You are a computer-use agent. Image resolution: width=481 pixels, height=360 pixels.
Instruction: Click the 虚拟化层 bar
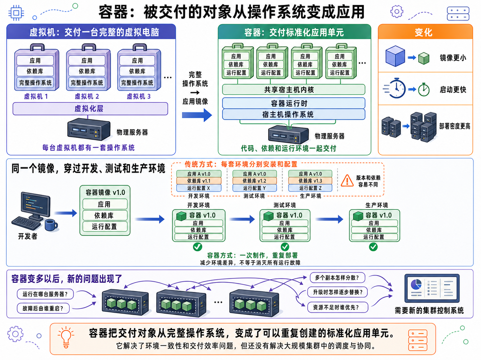[x=90, y=109]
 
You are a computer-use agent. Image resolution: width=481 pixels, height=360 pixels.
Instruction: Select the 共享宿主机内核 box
[x=293, y=90]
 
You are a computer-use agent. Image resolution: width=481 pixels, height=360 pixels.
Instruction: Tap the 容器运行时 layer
[x=293, y=103]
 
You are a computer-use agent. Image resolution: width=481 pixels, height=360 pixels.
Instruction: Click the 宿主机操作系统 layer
[x=293, y=114]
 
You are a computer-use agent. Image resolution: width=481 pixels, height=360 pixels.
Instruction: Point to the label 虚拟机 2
[x=87, y=96]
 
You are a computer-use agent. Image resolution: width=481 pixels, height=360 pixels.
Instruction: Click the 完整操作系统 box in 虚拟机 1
[x=35, y=83]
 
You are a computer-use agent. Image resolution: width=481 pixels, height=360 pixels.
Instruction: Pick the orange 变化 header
[x=425, y=32]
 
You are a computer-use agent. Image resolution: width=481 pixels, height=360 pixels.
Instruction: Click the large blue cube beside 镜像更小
[x=395, y=56]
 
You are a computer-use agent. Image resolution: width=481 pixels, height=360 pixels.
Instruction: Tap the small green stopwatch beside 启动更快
[x=424, y=90]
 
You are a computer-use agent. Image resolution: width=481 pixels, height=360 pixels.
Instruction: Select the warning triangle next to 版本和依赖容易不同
[x=347, y=181]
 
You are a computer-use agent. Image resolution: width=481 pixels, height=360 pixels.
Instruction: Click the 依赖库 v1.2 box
[x=254, y=181]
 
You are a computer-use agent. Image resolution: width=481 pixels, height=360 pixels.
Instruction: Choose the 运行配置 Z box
[x=310, y=188]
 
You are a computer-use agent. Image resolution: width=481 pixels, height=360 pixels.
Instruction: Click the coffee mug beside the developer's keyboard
[x=51, y=225]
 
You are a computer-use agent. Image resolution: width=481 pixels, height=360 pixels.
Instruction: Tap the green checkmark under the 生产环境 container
[x=373, y=247]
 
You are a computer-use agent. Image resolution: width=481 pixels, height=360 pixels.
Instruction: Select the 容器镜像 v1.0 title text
[x=105, y=193]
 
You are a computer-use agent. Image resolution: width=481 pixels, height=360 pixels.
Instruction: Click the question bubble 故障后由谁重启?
[x=43, y=308]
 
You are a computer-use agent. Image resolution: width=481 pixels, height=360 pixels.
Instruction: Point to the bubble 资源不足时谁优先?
[x=337, y=307]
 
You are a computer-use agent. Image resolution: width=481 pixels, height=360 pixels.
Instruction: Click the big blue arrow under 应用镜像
[x=197, y=115]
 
